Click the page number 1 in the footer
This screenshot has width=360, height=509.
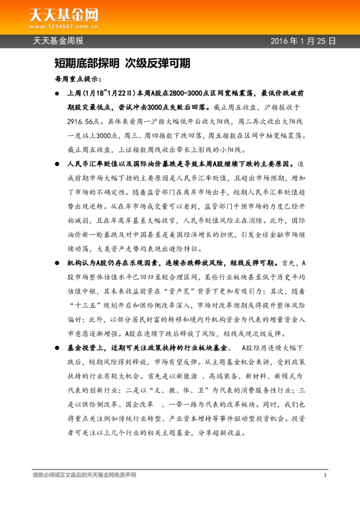326,476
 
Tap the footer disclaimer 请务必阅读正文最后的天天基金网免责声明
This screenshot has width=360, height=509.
84,476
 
